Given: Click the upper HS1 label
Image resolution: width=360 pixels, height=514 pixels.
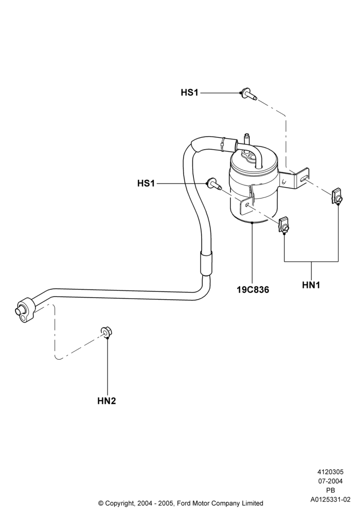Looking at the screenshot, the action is pyautogui.click(x=189, y=93).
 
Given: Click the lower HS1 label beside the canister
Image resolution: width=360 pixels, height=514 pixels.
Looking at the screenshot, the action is pyautogui.click(x=146, y=183).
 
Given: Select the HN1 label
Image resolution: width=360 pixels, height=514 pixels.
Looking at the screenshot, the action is pyautogui.click(x=311, y=285).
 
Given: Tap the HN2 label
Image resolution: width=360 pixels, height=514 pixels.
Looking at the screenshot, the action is pyautogui.click(x=106, y=400).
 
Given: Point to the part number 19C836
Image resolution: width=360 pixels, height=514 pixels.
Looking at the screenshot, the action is pyautogui.click(x=253, y=289).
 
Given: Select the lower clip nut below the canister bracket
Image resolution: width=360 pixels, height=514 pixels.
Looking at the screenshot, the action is pyautogui.click(x=284, y=225).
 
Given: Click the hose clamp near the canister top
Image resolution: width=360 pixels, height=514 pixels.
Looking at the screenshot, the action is pyautogui.click(x=224, y=143).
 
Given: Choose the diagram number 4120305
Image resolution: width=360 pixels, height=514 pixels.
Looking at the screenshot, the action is pyautogui.click(x=330, y=472).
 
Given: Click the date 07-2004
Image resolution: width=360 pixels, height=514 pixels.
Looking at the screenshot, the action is pyautogui.click(x=330, y=481).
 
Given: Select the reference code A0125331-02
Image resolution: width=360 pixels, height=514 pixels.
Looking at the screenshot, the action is pyautogui.click(x=330, y=500).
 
